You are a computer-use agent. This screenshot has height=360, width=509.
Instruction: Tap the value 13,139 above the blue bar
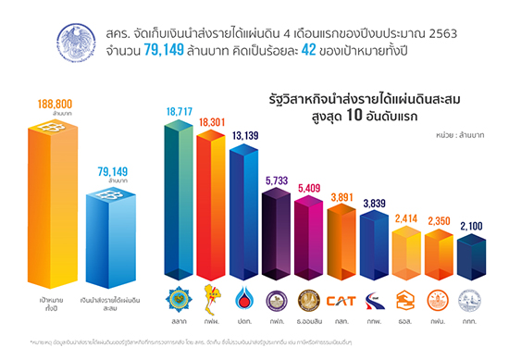point(244,137)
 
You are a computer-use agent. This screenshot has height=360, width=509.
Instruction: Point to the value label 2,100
point(473,227)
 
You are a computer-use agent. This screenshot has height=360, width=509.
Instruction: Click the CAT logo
point(342,300)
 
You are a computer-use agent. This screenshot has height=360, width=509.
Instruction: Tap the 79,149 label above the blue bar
point(111,170)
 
